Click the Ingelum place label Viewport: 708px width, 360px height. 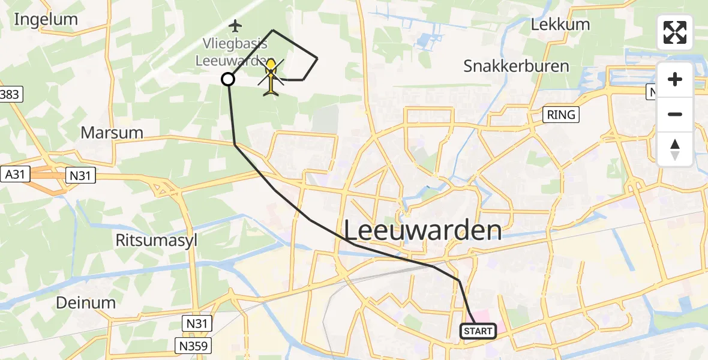(46, 19)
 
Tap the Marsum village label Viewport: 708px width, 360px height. (112, 133)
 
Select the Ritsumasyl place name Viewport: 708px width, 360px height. (156, 240)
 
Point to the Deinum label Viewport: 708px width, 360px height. (86, 302)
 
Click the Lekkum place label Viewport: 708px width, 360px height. (560, 25)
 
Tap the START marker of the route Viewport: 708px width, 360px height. (478, 331)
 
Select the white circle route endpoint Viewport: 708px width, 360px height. (228, 79)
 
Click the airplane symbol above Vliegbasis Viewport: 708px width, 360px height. (235, 26)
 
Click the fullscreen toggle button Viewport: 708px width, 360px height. (675, 32)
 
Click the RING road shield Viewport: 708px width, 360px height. (562, 115)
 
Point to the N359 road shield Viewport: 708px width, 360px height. (194, 346)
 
